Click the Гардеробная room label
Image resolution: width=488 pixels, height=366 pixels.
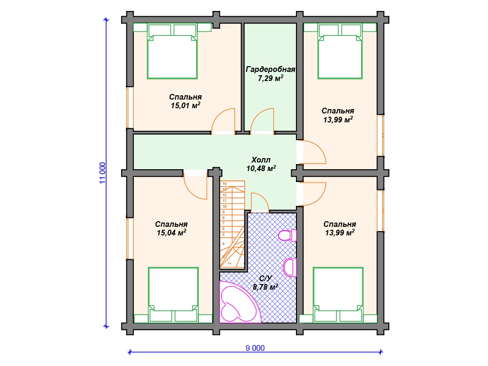pos(270,70)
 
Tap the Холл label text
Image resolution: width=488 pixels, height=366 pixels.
pos(261,160)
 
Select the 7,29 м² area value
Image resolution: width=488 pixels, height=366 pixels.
pos(271,78)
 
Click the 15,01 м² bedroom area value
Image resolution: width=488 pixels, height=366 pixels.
pos(185,105)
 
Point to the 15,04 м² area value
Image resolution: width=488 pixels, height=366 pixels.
pos(172,233)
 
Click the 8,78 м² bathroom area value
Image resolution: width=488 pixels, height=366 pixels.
pos(265,286)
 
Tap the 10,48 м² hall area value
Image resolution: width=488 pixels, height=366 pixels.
pos(261,168)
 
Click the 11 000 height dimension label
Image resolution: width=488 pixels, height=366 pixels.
pos(103,173)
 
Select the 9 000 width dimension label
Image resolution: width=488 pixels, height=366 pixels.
pos(255,348)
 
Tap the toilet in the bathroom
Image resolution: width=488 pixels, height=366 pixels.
pos(287,235)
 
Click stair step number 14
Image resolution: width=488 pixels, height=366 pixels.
pos(225,183)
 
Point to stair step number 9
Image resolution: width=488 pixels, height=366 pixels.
pos(224,212)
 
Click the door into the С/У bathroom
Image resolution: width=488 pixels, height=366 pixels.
pos(260,203)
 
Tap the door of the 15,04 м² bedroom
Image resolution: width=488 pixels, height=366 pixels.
pos(195,186)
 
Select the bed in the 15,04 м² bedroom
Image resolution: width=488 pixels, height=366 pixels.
pos(173,295)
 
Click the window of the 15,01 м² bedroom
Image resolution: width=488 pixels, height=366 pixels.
pos(130,107)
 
